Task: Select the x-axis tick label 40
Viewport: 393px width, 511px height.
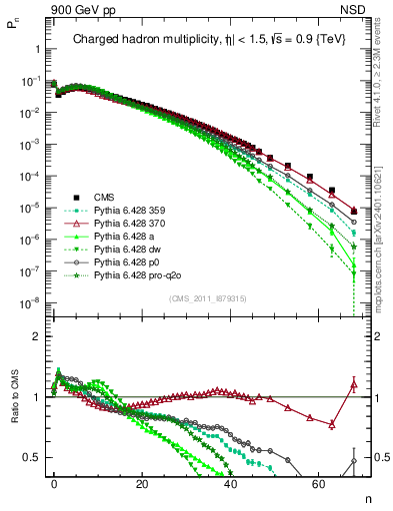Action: point(231,484)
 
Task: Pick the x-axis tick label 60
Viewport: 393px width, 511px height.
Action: point(319,484)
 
